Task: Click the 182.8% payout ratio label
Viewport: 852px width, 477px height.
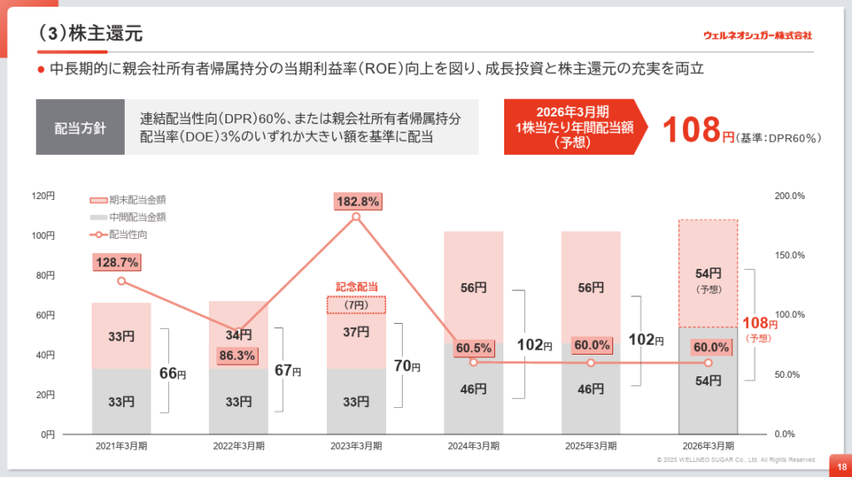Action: [358, 201]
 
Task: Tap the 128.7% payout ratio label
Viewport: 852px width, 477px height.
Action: [117, 262]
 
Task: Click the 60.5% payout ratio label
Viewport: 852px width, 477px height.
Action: [474, 347]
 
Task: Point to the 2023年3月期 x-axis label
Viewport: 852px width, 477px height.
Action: [357, 446]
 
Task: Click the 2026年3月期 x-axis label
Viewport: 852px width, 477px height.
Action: [708, 446]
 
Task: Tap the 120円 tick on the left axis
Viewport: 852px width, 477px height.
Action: [43, 196]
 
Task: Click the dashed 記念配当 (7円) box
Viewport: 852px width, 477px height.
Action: [356, 306]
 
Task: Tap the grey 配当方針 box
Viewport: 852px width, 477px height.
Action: [80, 128]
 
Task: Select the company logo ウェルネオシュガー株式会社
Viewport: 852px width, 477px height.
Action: [756, 36]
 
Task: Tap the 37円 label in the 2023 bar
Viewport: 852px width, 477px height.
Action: [356, 332]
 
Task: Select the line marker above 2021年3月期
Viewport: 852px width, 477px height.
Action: [121, 281]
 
